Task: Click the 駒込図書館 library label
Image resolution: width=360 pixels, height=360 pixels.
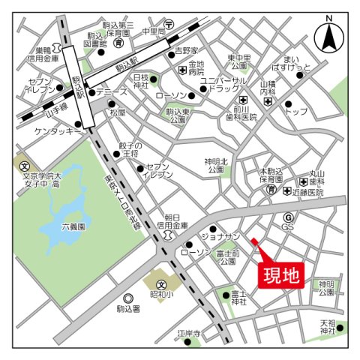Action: [x=97, y=40]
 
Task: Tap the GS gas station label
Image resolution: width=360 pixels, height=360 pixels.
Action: [x=287, y=226]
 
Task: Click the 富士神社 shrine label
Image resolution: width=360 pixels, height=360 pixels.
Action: [x=239, y=297]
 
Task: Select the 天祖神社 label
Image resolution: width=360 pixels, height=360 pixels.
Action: [x=328, y=327]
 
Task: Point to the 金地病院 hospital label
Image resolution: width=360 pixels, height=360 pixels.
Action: [x=196, y=68]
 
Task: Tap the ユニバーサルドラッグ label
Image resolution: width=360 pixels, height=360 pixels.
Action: [x=223, y=85]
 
